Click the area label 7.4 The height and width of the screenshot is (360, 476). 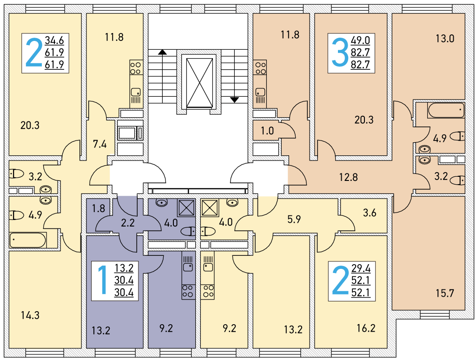click(x=100, y=144)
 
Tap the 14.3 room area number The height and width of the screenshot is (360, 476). click(x=30, y=315)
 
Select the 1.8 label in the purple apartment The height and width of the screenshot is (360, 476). click(x=99, y=209)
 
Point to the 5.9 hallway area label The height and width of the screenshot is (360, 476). click(x=294, y=220)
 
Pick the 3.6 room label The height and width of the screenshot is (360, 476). click(x=370, y=213)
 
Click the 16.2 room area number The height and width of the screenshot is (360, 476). click(x=366, y=328)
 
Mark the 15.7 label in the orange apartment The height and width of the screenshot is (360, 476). click(x=444, y=293)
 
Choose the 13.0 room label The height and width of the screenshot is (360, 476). click(x=444, y=39)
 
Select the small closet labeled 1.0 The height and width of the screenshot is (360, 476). click(x=267, y=131)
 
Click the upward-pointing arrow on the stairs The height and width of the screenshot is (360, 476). click(x=162, y=52)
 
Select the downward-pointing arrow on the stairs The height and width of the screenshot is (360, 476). click(x=234, y=99)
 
